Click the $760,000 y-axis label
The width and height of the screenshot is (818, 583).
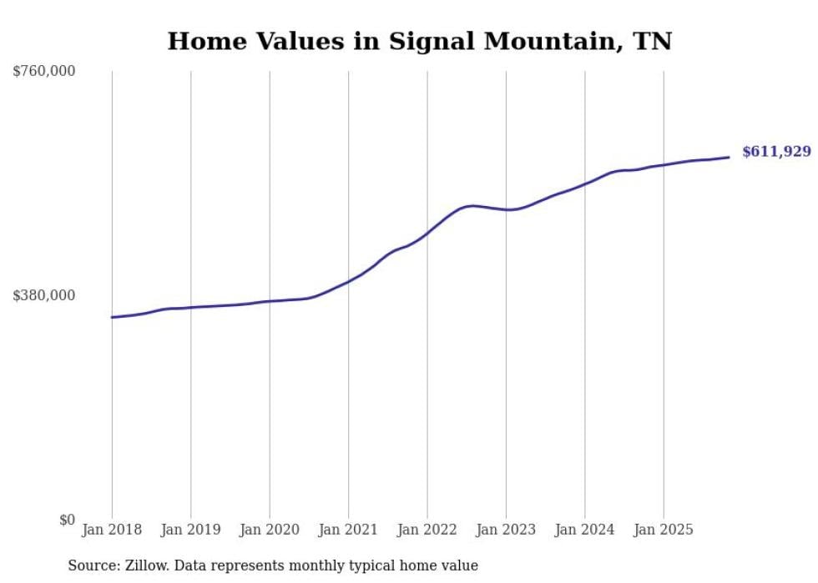pos(44,72)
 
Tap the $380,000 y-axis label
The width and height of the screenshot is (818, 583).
pos(44,295)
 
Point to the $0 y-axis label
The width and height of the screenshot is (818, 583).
pos(67,520)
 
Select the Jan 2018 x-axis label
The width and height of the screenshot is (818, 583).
pos(112,530)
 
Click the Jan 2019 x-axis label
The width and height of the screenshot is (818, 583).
pos(190,530)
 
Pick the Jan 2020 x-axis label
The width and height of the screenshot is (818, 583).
pos(270,530)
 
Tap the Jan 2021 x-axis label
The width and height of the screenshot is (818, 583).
pos(348,530)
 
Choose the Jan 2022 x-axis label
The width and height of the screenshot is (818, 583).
pos(427,530)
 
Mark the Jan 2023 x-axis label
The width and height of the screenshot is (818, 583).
pos(506,530)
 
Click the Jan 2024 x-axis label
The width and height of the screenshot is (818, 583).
pos(584,530)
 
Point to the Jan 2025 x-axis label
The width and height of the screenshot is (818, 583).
pos(664,530)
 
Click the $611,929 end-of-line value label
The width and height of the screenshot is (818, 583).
pos(776,152)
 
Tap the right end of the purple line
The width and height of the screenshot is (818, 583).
pos(729,157)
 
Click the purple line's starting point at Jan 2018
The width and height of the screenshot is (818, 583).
pos(112,317)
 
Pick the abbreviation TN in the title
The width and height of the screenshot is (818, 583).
pos(652,42)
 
